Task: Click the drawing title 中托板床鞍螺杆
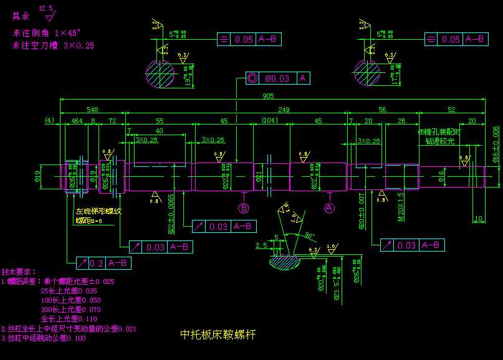(218, 334)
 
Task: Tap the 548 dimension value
(92, 108)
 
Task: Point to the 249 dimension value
(284, 108)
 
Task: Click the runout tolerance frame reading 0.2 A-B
(104, 263)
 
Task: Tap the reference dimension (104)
(270, 120)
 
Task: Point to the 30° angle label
(310, 235)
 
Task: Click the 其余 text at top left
(21, 16)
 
